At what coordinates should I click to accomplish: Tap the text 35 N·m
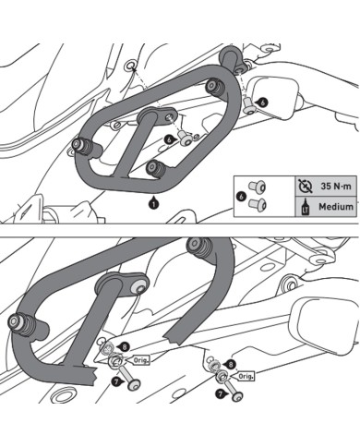[329, 185]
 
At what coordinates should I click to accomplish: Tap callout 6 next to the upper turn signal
[263, 102]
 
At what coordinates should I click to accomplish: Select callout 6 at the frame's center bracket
[170, 137]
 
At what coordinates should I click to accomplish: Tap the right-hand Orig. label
[246, 378]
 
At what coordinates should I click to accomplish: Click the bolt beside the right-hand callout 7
[238, 395]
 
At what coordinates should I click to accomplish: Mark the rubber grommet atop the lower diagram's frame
[198, 248]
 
